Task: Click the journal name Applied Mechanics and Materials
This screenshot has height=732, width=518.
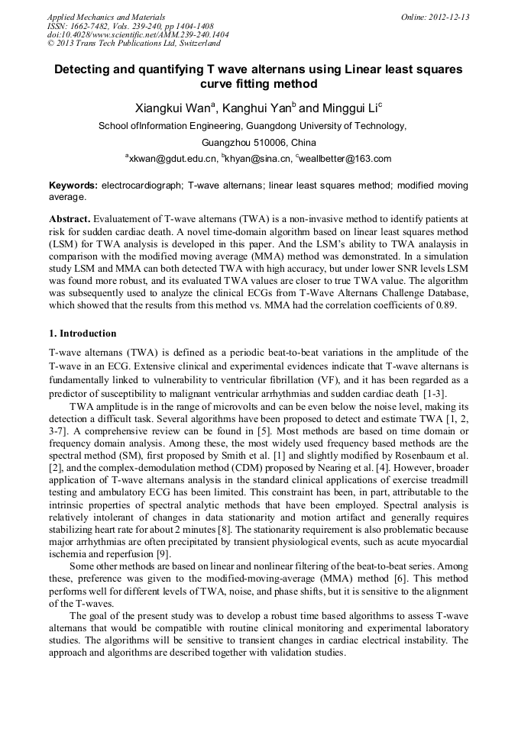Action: [x=106, y=17]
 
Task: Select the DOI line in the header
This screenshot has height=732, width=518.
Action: [x=138, y=34]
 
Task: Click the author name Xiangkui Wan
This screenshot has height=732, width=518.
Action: [x=171, y=108]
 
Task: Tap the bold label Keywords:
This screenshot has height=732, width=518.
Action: [x=73, y=185]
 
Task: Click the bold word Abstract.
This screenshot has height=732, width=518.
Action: [x=69, y=218]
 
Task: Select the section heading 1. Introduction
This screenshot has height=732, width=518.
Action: [x=83, y=334]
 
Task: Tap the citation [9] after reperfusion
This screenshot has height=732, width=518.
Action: [x=162, y=554]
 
